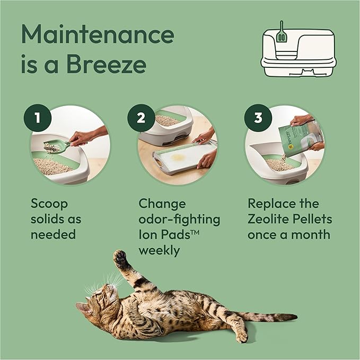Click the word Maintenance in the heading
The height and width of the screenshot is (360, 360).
[x=98, y=34]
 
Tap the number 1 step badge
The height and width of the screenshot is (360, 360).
[x=37, y=118]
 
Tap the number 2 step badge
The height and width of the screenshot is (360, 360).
[x=141, y=118]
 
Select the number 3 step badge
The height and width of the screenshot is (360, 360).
[x=258, y=118]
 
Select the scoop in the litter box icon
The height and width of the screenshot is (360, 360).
[x=281, y=33]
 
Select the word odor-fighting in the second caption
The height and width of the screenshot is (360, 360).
[x=179, y=219]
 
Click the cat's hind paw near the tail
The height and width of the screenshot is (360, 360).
[x=241, y=336]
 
